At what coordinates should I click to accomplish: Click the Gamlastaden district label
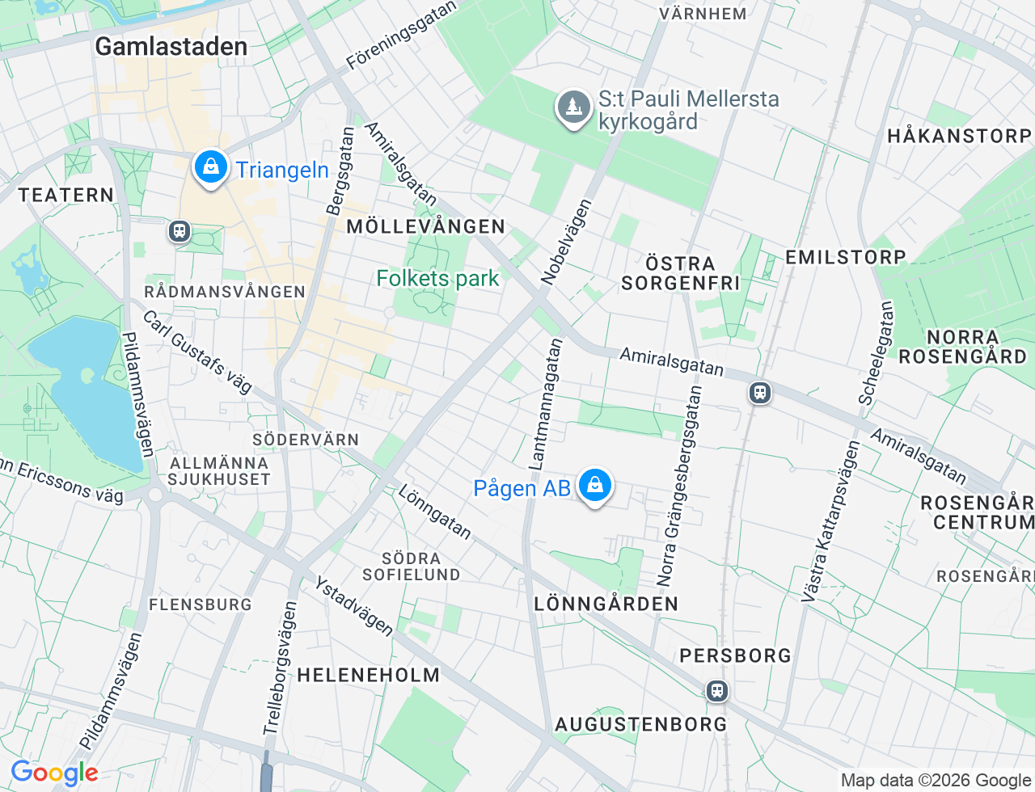171,47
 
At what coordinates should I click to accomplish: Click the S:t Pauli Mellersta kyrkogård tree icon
573,107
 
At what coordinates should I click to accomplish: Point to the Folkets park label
437,279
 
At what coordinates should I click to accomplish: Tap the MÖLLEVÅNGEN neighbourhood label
425,226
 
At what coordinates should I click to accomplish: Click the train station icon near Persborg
716,691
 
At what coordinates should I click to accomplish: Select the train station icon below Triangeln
179,231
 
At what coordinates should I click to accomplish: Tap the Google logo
54,773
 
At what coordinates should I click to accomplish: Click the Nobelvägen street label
566,242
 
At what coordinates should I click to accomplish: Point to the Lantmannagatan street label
545,404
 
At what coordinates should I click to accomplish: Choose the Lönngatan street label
434,512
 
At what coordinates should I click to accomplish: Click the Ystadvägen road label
353,606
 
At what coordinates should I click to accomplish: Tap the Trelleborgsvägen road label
280,668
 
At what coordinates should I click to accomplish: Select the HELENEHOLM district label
368,675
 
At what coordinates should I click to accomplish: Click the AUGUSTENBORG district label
640,724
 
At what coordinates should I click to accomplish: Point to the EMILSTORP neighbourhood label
845,257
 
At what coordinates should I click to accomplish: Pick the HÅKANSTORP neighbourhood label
958,136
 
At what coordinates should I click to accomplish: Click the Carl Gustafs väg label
197,352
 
